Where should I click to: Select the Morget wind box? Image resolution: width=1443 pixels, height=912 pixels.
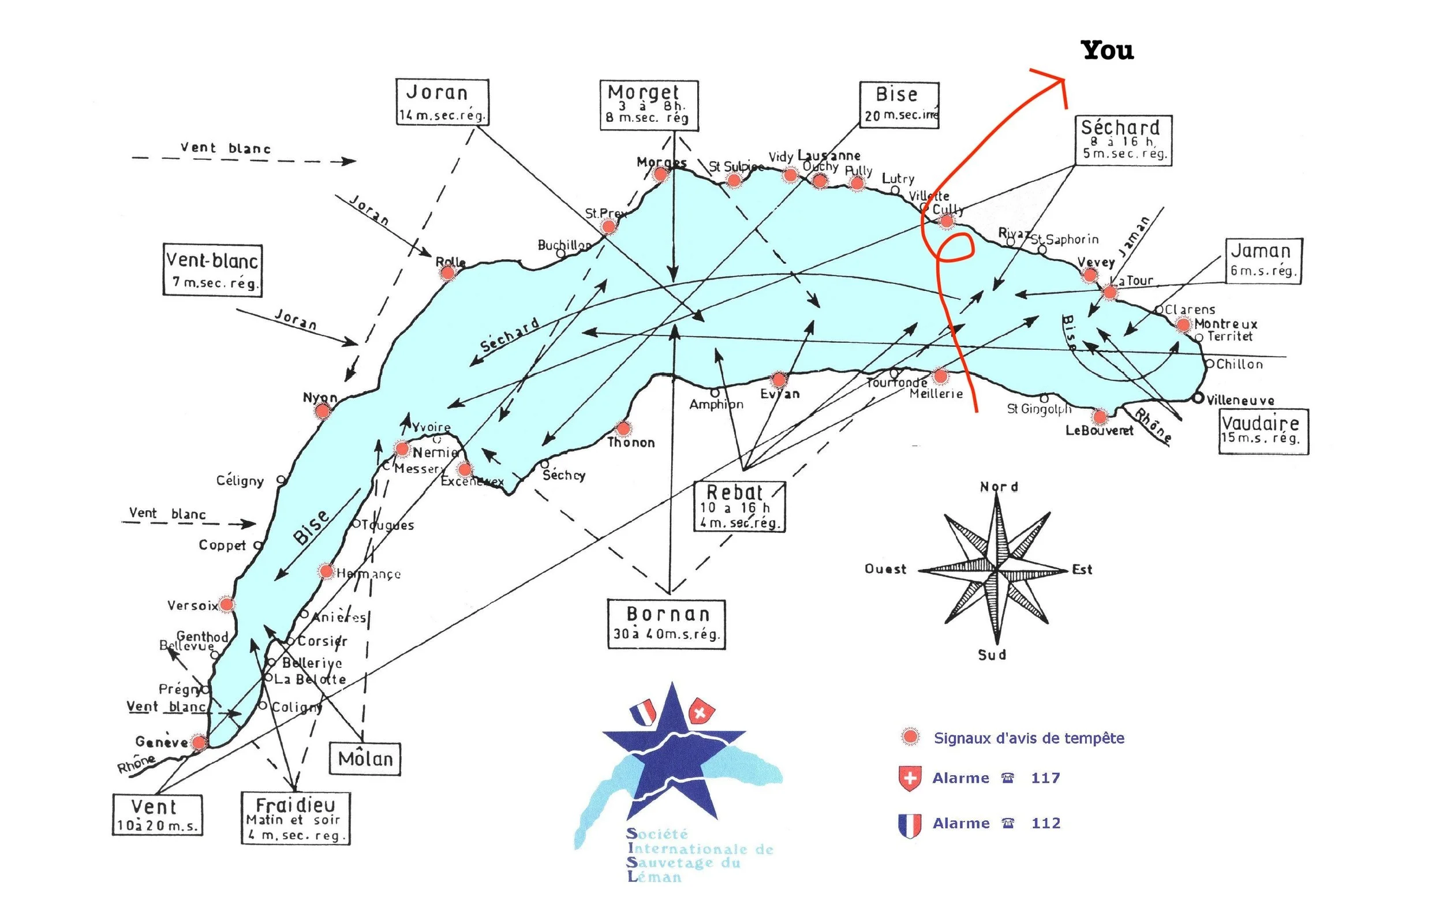649,105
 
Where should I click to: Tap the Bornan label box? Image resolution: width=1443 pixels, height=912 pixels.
666,624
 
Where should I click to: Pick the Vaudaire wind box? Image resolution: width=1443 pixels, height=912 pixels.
1263,431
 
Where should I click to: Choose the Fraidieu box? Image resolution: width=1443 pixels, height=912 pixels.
296,818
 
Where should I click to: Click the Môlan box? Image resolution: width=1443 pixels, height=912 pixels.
365,758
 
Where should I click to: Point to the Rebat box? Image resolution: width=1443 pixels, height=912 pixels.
739,506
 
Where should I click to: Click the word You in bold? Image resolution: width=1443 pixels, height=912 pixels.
1108,50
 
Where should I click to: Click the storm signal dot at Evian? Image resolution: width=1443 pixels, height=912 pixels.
779,379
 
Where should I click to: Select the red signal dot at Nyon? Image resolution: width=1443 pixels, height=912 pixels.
323,410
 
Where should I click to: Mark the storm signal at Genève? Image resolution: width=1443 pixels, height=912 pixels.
199,742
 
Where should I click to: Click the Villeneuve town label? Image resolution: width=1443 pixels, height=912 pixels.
1240,400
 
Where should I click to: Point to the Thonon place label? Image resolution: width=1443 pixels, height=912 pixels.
631,443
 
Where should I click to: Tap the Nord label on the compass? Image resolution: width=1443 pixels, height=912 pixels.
999,487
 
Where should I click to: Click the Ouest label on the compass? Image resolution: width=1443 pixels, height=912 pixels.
885,569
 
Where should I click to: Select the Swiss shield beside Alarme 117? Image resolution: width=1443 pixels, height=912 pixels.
910,778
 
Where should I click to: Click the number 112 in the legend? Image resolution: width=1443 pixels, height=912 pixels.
1046,823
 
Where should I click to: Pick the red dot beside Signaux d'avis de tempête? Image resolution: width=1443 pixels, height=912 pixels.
910,737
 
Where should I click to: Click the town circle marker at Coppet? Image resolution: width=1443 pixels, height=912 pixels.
257,545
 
